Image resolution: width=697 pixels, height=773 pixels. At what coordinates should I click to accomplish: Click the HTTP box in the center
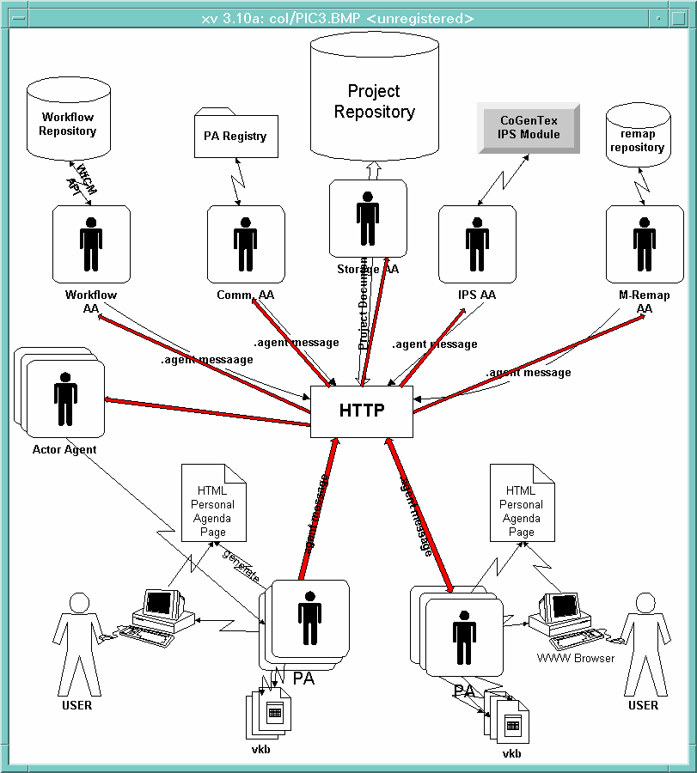[x=362, y=411]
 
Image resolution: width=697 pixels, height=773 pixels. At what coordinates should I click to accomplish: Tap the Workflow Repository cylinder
[x=67, y=122]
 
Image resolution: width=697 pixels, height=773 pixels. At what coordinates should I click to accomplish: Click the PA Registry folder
[x=235, y=136]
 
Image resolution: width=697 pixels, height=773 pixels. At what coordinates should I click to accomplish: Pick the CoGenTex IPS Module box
[x=529, y=127]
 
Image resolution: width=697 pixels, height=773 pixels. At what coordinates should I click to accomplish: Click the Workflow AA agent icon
[x=91, y=243]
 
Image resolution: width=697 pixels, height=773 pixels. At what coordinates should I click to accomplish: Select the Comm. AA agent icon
[x=246, y=243]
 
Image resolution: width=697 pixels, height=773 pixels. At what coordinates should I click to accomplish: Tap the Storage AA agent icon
[x=368, y=218]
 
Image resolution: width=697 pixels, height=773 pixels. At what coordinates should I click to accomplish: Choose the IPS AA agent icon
[x=477, y=243]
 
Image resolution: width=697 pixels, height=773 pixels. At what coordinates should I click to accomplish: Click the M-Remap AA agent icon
[x=645, y=243]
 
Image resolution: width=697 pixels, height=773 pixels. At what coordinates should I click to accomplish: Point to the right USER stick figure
[x=642, y=641]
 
